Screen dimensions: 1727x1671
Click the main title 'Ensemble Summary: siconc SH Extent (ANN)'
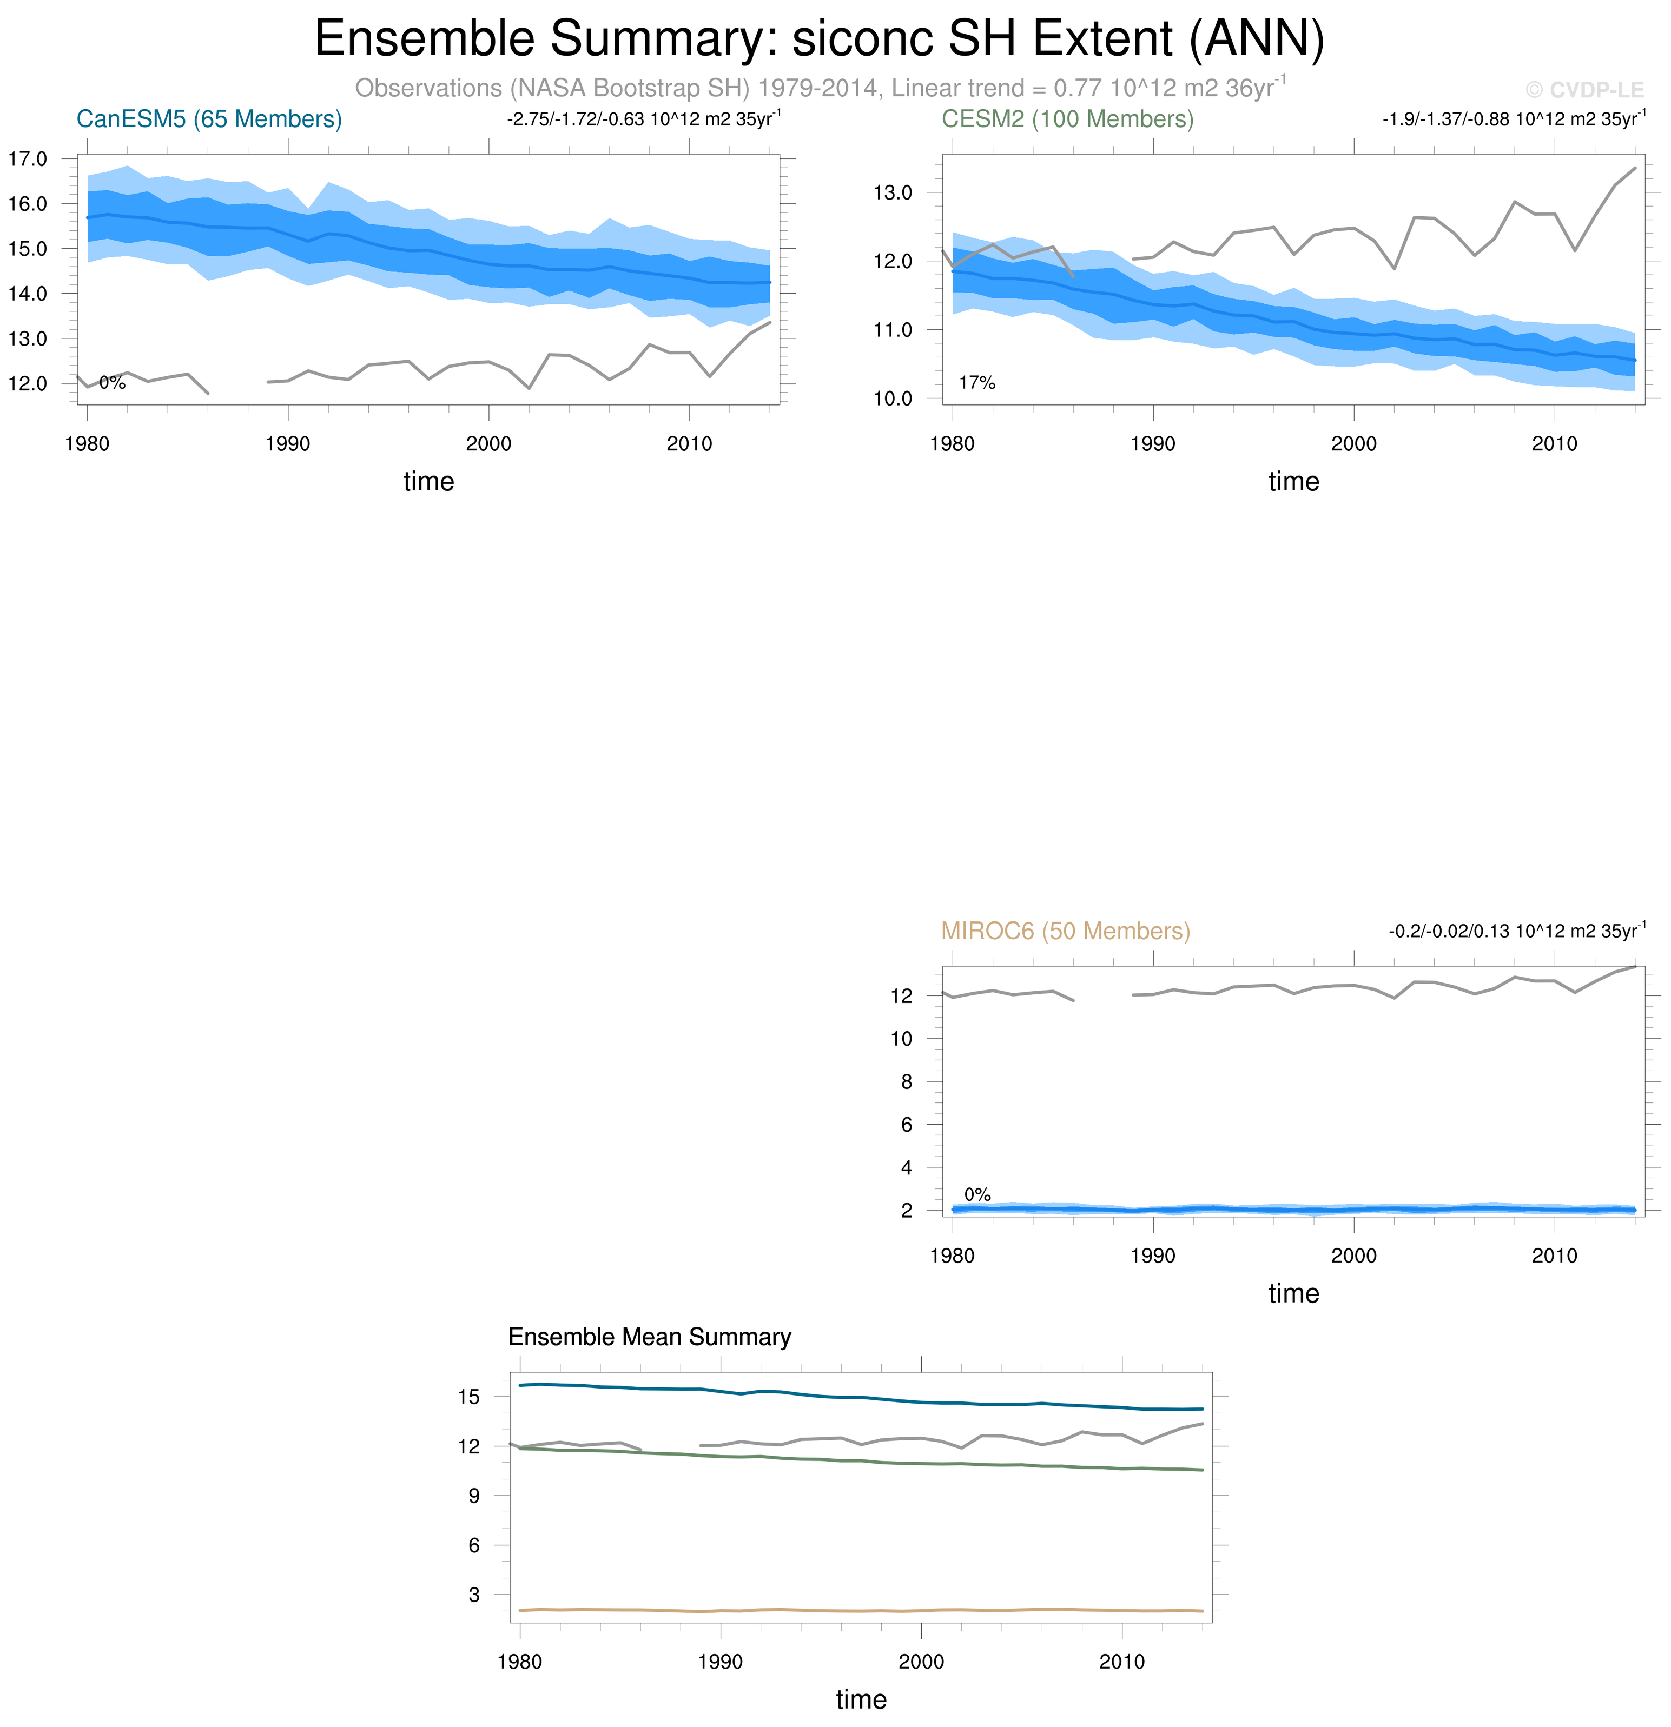pyautogui.click(x=819, y=39)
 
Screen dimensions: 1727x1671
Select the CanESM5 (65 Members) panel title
pyautogui.click(x=209, y=119)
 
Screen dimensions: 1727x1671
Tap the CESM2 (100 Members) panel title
pyautogui.click(x=1067, y=119)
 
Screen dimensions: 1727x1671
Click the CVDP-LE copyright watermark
pyautogui.click(x=1584, y=90)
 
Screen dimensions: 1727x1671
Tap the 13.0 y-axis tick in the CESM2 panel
pyautogui.click(x=892, y=193)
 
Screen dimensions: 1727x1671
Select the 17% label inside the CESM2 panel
pyautogui.click(x=976, y=382)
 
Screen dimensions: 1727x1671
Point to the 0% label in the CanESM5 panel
pyautogui.click(x=112, y=382)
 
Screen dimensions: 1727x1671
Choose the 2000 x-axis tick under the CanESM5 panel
pyautogui.click(x=488, y=443)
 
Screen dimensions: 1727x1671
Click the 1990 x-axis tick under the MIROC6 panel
pyautogui.click(x=1153, y=1256)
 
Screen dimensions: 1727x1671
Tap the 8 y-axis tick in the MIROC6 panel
pyautogui.click(x=906, y=1082)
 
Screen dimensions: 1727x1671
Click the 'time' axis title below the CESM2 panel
pyautogui.click(x=1293, y=481)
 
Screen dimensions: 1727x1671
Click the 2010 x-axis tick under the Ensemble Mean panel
pyautogui.click(x=1121, y=1662)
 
